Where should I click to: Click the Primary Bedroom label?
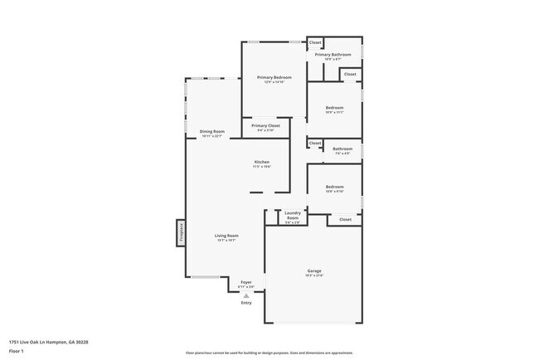274,77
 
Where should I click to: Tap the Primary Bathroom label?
333,55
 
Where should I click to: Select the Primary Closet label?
266,125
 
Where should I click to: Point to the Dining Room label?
212,131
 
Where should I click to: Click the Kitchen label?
262,161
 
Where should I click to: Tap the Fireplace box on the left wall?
179,232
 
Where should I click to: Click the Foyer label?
246,282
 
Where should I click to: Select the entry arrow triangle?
246,294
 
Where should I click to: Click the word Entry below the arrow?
246,303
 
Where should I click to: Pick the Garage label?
314,271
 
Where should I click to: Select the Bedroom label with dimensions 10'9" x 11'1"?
334,108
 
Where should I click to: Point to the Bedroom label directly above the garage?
334,187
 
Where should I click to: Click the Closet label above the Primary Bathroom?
315,42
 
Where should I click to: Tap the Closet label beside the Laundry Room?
345,220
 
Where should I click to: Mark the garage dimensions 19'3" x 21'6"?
314,276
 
